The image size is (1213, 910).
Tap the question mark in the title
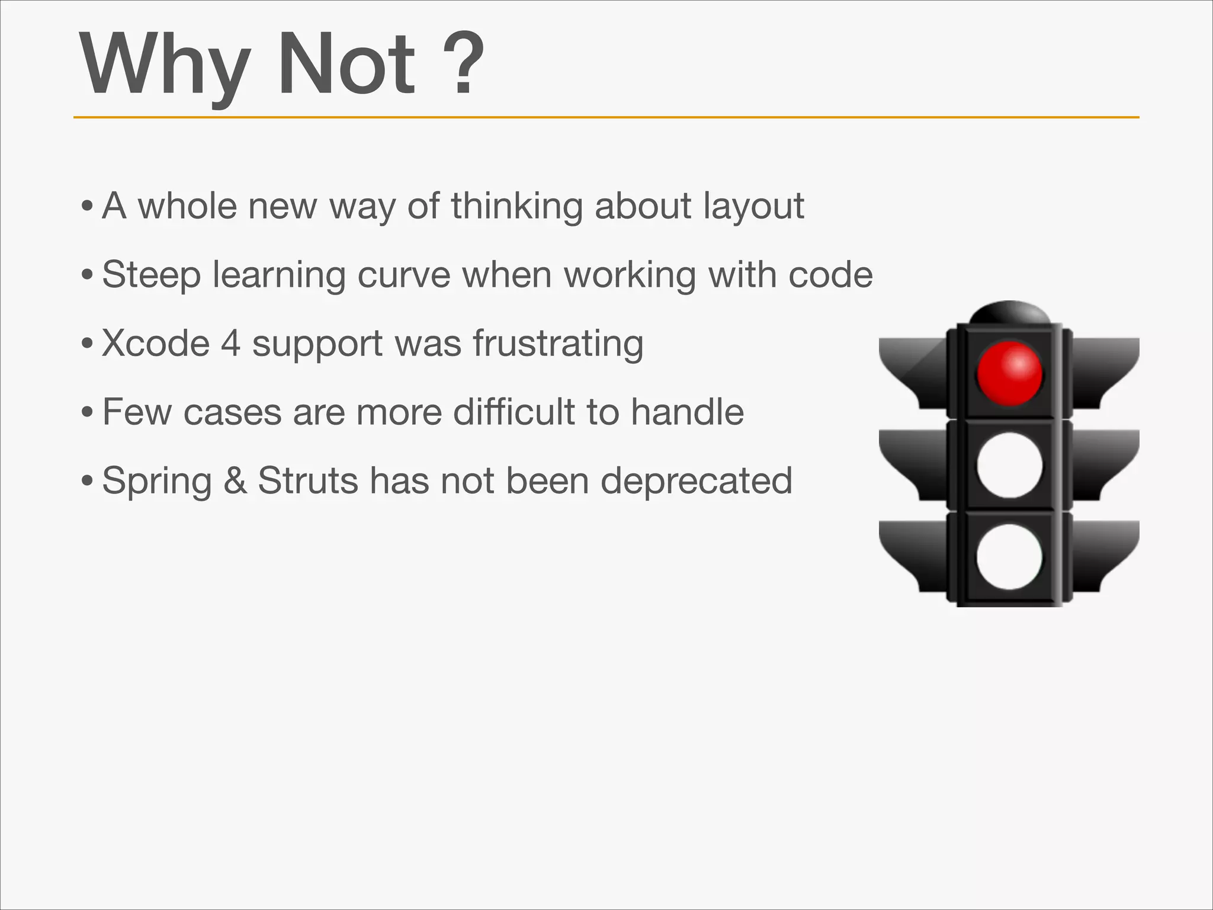pos(464,64)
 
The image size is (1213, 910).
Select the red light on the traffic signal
pos(1009,373)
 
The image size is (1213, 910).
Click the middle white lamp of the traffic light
pos(1009,465)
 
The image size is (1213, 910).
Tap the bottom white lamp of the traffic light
pos(1009,556)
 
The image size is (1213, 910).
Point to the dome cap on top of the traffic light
pos(1009,312)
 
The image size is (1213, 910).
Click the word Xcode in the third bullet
pos(156,344)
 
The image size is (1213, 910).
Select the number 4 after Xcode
pos(231,344)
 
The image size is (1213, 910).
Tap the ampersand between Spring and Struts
pos(235,480)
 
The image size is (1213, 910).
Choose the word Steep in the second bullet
pos(151,276)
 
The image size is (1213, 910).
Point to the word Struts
pos(307,480)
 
